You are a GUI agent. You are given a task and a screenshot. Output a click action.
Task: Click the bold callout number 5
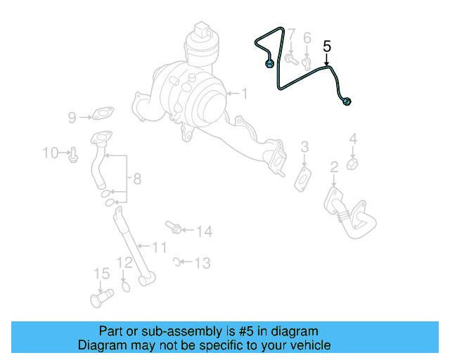(327, 46)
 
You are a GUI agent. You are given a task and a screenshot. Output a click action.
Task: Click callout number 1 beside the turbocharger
(244, 94)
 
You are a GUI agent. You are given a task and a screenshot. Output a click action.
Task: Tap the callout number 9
(72, 117)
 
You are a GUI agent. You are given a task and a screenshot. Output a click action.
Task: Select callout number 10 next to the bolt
(51, 153)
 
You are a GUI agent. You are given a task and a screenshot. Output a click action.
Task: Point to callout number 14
(205, 231)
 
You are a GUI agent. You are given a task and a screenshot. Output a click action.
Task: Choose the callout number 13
(202, 263)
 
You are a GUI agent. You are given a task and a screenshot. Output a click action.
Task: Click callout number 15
(102, 274)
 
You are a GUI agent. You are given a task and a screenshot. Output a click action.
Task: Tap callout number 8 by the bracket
(138, 179)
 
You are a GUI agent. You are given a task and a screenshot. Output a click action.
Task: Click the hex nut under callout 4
(352, 164)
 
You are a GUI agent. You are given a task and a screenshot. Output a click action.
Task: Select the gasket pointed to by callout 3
(303, 179)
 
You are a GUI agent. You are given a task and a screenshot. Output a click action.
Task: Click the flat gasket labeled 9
(103, 113)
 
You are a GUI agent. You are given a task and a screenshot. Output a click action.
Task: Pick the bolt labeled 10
(73, 155)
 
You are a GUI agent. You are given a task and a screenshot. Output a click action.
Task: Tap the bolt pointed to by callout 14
(174, 227)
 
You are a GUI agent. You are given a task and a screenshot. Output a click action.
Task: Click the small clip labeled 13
(176, 262)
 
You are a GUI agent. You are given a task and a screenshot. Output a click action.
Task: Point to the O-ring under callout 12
(126, 286)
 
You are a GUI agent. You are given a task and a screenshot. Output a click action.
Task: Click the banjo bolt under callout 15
(102, 298)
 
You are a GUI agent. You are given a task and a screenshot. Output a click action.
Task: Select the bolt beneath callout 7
(292, 60)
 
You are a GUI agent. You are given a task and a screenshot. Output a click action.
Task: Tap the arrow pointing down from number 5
(326, 60)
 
